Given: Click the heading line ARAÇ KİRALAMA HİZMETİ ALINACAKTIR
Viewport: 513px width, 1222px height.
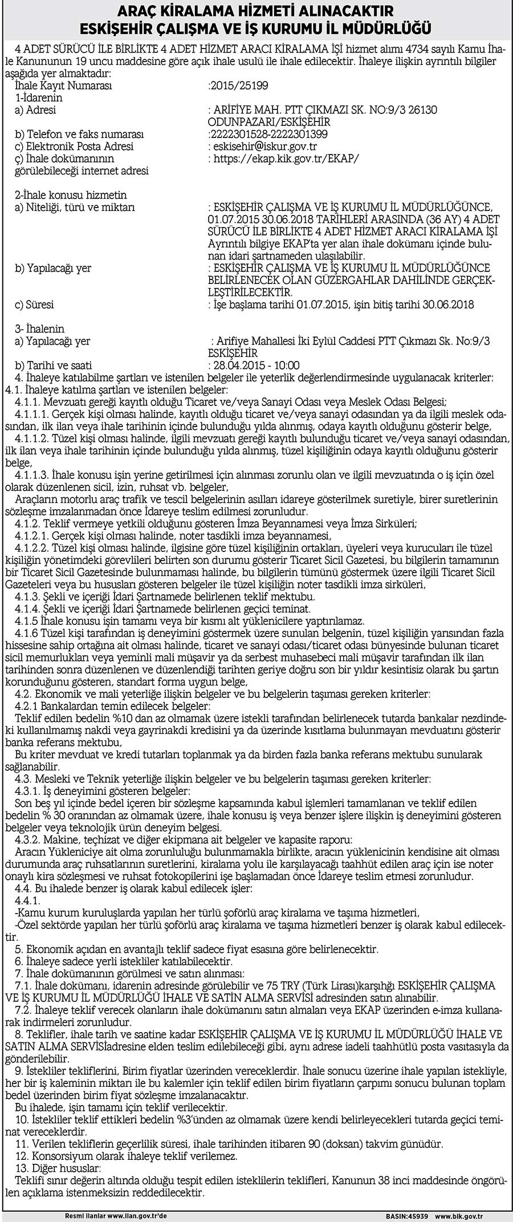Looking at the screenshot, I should pyautogui.click(x=256, y=11).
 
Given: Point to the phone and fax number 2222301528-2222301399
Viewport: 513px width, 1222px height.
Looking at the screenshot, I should pyautogui.click(x=268, y=135).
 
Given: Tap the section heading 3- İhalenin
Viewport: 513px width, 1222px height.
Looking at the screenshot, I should pyautogui.click(x=40, y=329).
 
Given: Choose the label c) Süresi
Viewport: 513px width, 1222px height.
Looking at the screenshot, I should pyautogui.click(x=34, y=305).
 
